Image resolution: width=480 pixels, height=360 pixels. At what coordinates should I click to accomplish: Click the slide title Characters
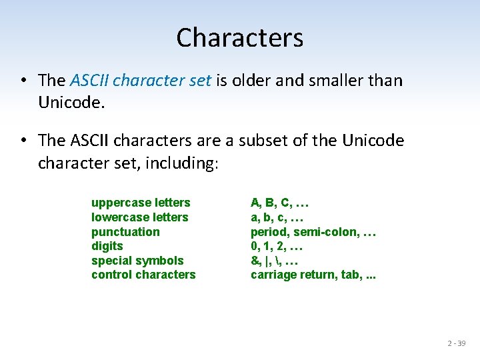pyautogui.click(x=239, y=38)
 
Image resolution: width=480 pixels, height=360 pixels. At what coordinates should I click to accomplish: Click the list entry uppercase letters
pyautogui.click(x=141, y=203)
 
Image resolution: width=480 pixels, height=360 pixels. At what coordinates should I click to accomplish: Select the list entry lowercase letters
pyautogui.click(x=139, y=217)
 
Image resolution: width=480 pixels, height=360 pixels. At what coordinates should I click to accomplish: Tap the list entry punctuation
pyautogui.click(x=125, y=232)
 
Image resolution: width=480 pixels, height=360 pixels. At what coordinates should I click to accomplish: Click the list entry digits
pyautogui.click(x=107, y=246)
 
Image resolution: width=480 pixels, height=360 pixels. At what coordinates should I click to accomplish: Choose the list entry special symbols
pyautogui.click(x=137, y=261)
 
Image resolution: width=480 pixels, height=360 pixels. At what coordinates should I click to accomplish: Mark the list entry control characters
pyautogui.click(x=143, y=275)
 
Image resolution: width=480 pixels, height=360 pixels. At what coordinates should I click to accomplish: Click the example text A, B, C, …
pyautogui.click(x=279, y=203)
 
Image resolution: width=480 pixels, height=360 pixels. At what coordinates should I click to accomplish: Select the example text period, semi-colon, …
pyautogui.click(x=313, y=232)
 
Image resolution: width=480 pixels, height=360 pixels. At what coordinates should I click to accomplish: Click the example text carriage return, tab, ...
pyautogui.click(x=312, y=275)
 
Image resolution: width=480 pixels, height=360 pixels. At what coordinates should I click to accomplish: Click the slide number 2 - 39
pyautogui.click(x=457, y=343)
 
